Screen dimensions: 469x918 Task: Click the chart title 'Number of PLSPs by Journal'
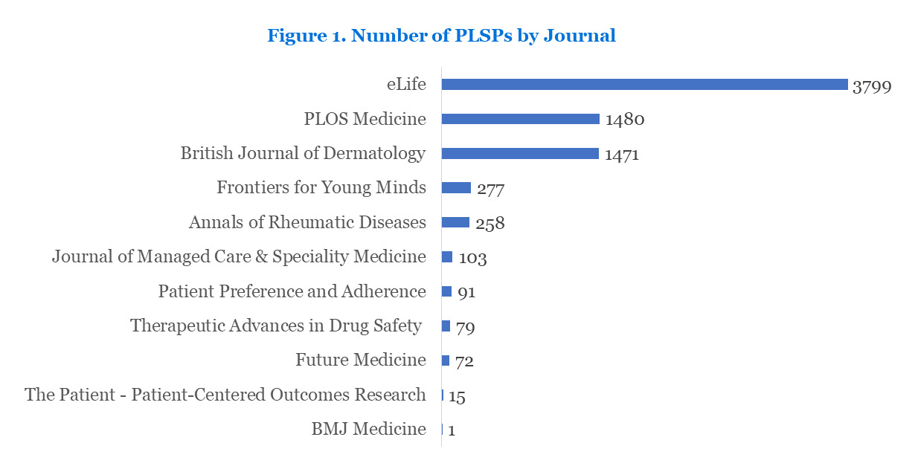coord(441,36)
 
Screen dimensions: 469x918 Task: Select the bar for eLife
coord(644,85)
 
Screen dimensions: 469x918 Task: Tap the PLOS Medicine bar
coord(520,119)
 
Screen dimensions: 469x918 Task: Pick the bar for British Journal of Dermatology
coord(519,154)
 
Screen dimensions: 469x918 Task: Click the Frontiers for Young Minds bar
coord(456,188)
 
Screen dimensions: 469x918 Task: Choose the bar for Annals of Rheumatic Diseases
coord(455,222)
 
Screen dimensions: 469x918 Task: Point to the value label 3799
coord(871,86)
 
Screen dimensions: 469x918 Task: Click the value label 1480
coord(624,120)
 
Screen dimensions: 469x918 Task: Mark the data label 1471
coord(622,155)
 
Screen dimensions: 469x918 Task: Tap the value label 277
coord(491,190)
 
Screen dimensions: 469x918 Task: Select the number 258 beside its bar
coord(490,224)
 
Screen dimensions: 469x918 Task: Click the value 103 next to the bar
coord(472,258)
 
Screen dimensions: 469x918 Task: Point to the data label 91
coord(466,292)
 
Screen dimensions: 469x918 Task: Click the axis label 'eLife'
coord(405,84)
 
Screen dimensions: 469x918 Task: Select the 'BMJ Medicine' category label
coord(368,429)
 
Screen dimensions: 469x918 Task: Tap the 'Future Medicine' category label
coord(361,360)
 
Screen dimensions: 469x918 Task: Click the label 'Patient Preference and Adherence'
coord(292,291)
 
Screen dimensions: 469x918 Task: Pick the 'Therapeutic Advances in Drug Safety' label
coord(276,326)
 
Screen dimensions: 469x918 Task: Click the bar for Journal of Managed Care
coord(447,257)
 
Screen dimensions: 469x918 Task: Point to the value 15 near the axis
coord(457,396)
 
